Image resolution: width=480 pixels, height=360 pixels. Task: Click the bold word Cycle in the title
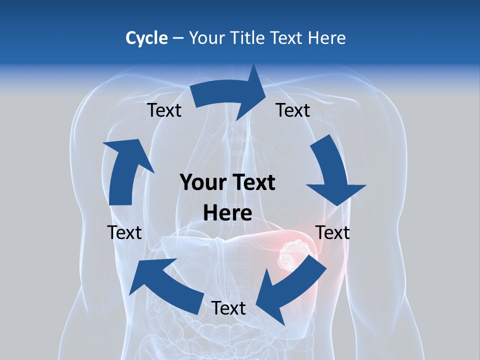coord(146,38)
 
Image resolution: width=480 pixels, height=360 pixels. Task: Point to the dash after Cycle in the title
coord(178,38)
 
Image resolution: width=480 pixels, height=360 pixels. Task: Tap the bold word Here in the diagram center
coord(227,213)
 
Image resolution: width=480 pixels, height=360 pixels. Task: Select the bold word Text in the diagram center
coord(254,183)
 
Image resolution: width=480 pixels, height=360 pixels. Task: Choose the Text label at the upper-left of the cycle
coord(164,110)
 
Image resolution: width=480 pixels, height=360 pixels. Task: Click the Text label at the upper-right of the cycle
coord(293,110)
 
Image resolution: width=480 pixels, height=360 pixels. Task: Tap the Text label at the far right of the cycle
coord(332,232)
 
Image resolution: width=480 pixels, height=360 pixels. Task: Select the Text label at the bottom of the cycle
coord(228,308)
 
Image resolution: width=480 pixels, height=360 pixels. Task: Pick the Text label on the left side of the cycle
coord(124,232)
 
